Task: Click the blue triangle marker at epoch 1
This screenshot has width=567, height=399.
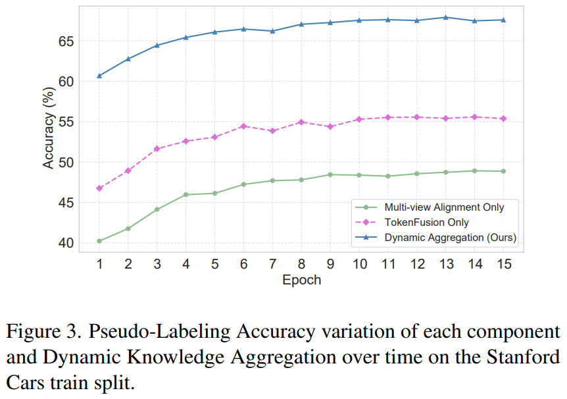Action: tap(99, 76)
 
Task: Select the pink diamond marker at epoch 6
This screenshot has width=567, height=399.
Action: tap(243, 126)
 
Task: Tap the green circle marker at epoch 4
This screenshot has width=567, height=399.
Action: tap(186, 194)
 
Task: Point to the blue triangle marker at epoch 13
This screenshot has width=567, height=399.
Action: tap(445, 17)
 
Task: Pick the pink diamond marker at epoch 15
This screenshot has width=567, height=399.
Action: tap(503, 119)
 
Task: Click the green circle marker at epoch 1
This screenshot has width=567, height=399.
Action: tap(99, 241)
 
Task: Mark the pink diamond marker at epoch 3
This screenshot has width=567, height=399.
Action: tap(157, 149)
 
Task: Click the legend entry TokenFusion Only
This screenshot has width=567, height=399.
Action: tap(426, 222)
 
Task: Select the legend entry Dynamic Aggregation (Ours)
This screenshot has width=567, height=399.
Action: tap(451, 237)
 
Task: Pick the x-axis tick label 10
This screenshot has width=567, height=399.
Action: tap(359, 263)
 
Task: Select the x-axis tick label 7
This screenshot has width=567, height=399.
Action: tap(272, 263)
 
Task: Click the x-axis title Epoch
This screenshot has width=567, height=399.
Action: tap(301, 280)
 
